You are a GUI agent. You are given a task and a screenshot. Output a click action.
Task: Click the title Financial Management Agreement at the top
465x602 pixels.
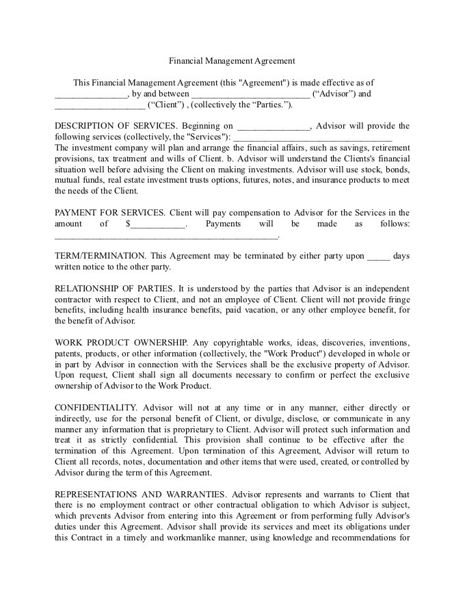click(232, 60)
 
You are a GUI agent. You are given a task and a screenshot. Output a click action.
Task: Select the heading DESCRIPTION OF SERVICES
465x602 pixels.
click(116, 126)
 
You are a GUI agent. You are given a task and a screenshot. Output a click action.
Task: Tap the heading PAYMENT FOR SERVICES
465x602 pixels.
click(109, 213)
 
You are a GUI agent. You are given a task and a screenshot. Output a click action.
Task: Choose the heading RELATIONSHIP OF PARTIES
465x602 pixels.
click(114, 289)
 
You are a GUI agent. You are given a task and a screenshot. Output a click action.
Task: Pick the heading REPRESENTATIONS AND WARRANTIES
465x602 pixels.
click(141, 494)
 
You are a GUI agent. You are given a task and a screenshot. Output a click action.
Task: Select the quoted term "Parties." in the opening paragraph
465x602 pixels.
click(273, 105)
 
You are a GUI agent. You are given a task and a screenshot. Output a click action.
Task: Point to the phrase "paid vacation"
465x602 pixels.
click(249, 310)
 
